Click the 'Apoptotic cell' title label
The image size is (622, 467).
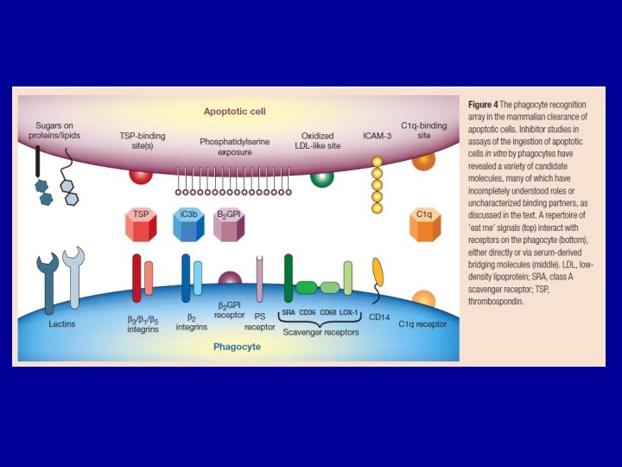(234, 112)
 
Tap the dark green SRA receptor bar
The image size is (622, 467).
(289, 278)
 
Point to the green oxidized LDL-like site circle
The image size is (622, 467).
(322, 176)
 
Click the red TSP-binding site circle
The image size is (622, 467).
(141, 174)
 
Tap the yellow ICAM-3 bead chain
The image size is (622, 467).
(376, 184)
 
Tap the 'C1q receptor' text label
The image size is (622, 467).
(423, 322)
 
